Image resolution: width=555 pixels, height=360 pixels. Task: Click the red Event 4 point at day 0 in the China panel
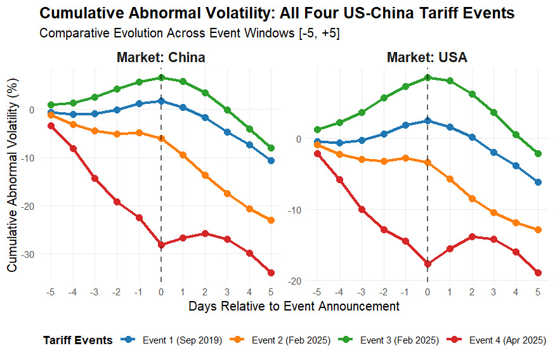tap(161, 245)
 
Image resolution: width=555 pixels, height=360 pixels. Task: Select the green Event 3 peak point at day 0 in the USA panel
tap(428, 77)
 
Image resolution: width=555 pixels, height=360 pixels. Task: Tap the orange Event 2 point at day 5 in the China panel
tap(271, 220)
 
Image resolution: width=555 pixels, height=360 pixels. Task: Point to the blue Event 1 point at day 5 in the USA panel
tap(538, 182)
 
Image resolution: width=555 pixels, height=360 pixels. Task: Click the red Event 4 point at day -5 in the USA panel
tap(317, 153)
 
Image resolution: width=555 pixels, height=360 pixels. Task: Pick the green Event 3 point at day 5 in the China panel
tap(271, 148)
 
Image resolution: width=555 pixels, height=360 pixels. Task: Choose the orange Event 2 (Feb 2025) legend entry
tap(291, 340)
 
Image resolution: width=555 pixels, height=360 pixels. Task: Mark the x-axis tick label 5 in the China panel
tap(271, 292)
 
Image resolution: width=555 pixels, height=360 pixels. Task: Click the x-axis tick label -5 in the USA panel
tap(317, 292)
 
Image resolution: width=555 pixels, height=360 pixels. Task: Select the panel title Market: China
tap(161, 58)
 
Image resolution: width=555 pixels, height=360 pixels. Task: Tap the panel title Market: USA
tap(427, 58)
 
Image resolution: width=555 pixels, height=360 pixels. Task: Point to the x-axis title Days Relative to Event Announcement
tap(294, 307)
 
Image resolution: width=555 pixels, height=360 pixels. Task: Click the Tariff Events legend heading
tap(78, 340)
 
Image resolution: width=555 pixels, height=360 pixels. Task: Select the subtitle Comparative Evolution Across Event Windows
tap(189, 34)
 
